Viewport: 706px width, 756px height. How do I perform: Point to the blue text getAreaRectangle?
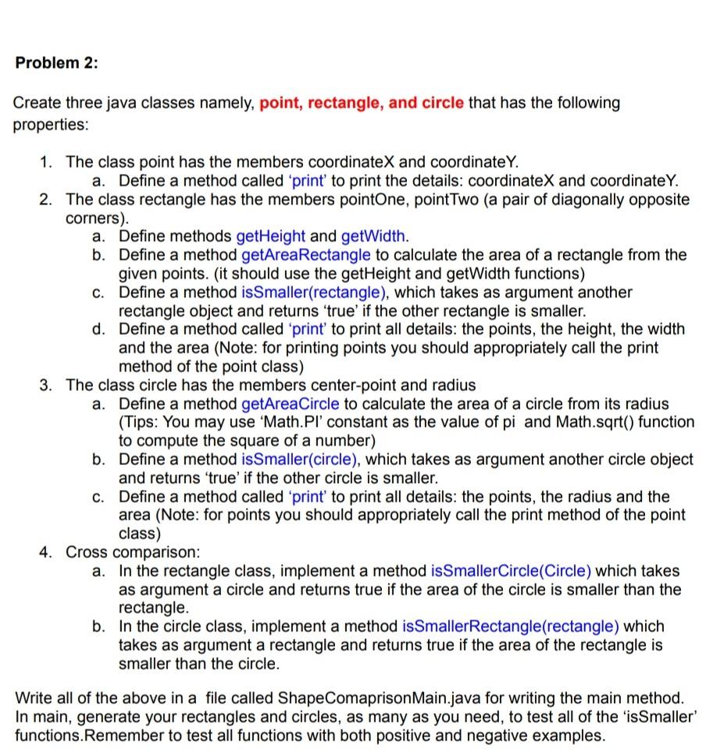pyautogui.click(x=307, y=254)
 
